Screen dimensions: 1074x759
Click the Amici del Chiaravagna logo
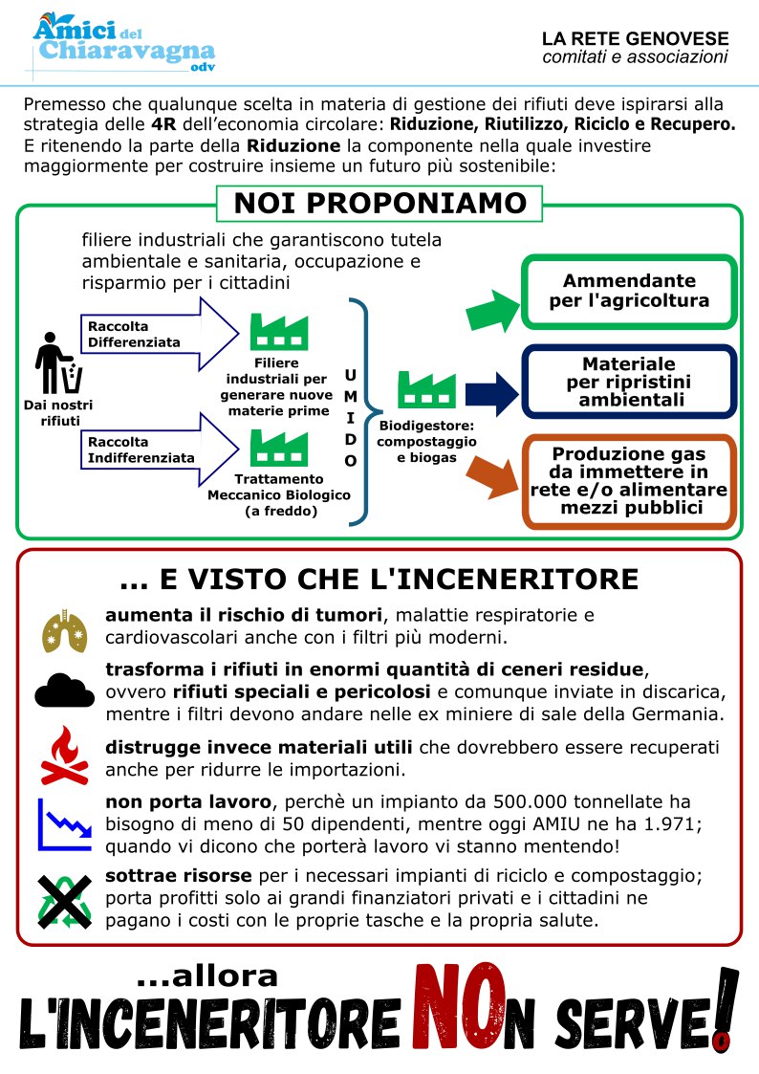[x=122, y=43]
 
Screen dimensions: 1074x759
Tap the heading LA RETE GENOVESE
[x=635, y=39]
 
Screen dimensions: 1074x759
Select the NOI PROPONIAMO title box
[x=379, y=204]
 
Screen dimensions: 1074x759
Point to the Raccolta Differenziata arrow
[x=158, y=333]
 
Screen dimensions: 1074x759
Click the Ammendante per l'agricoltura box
[x=629, y=291]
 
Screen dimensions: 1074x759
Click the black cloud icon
[x=64, y=688]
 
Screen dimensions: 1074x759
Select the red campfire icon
[x=64, y=754]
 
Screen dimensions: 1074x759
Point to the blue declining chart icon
[x=64, y=824]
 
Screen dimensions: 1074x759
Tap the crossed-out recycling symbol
[x=64, y=900]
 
